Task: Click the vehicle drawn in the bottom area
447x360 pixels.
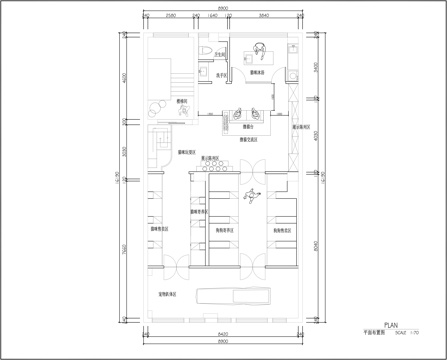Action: coord(235,295)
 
